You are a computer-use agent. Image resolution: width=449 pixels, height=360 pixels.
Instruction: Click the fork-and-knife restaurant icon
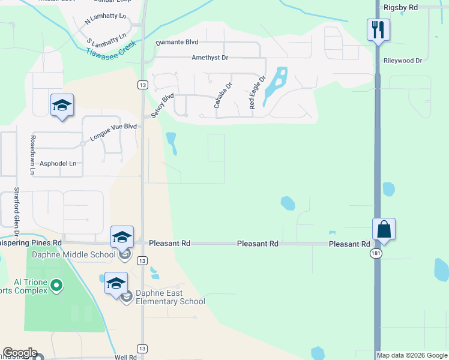click(x=378, y=29)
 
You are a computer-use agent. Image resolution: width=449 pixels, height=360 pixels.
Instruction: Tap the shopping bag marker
click(x=384, y=229)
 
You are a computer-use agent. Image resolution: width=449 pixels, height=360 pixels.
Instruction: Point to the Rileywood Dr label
click(x=403, y=61)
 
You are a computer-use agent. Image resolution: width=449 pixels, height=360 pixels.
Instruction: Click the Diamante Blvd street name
click(x=176, y=43)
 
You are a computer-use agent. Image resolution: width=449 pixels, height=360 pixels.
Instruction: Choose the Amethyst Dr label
click(x=210, y=58)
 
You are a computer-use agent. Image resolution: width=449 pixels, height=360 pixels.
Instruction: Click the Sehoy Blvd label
click(x=163, y=105)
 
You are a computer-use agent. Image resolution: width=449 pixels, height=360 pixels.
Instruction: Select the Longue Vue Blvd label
click(x=113, y=132)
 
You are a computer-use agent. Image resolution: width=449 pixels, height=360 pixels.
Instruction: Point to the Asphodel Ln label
click(x=58, y=163)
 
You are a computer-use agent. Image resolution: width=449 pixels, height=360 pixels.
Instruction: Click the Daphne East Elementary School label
click(x=170, y=297)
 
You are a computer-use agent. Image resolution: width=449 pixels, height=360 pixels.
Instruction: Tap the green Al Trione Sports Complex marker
click(x=56, y=285)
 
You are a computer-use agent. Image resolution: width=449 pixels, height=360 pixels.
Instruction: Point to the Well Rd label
click(x=125, y=357)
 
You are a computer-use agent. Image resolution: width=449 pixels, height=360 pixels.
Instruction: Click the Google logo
click(x=20, y=353)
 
